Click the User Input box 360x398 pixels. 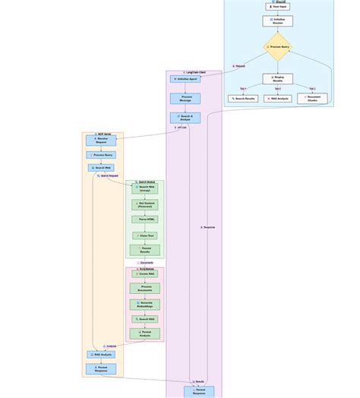(277, 6)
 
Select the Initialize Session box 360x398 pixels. (277, 21)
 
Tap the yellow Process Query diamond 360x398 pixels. (278, 47)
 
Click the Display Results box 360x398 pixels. (277, 79)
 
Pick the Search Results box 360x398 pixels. (243, 99)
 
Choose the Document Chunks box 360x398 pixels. (312, 99)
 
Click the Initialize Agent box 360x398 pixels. (185, 78)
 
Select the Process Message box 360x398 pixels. (185, 98)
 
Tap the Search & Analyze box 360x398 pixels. (185, 118)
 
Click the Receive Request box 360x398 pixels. (101, 140)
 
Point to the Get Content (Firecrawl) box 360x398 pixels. (144, 204)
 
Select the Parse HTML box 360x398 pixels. (144, 220)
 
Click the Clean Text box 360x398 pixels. (144, 235)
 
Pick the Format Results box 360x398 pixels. (144, 250)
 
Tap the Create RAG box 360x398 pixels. (144, 273)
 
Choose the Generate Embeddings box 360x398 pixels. (144, 305)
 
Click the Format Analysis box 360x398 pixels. (144, 333)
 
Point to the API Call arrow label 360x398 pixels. (181, 128)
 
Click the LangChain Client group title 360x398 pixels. (194, 72)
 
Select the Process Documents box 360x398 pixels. (144, 288)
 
